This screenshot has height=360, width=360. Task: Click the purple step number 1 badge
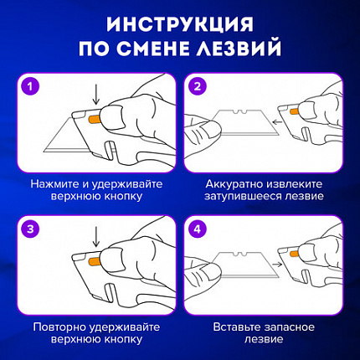point(29,86)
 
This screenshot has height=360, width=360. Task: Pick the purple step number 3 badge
point(29,227)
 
